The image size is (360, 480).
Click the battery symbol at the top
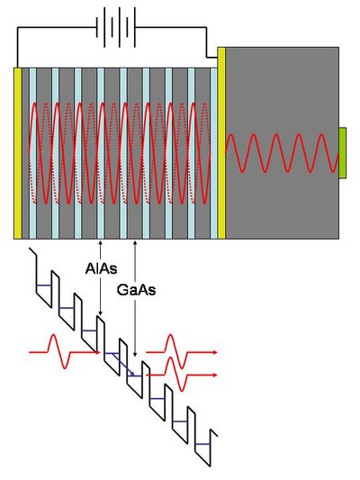(x=116, y=27)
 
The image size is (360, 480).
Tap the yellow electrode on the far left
(x=18, y=153)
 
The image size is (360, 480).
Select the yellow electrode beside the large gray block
(x=221, y=143)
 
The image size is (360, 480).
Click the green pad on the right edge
(x=343, y=153)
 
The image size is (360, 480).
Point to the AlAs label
(x=101, y=268)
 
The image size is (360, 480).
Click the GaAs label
(x=136, y=290)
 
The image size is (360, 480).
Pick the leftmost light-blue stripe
(x=32, y=153)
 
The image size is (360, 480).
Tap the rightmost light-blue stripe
(x=214, y=153)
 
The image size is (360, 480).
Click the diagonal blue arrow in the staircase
(x=122, y=365)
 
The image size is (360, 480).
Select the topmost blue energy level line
(x=44, y=285)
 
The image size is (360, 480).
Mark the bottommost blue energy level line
(x=202, y=444)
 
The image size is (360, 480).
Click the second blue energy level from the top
(x=67, y=308)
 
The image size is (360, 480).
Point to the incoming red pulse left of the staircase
(x=64, y=352)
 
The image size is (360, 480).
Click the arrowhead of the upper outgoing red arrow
(x=215, y=352)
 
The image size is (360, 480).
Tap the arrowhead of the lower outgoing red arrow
(x=215, y=375)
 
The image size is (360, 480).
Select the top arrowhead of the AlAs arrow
(x=100, y=242)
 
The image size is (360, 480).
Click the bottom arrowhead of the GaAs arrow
(x=135, y=355)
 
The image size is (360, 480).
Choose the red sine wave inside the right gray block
(x=282, y=153)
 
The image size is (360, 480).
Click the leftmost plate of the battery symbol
(x=97, y=27)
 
